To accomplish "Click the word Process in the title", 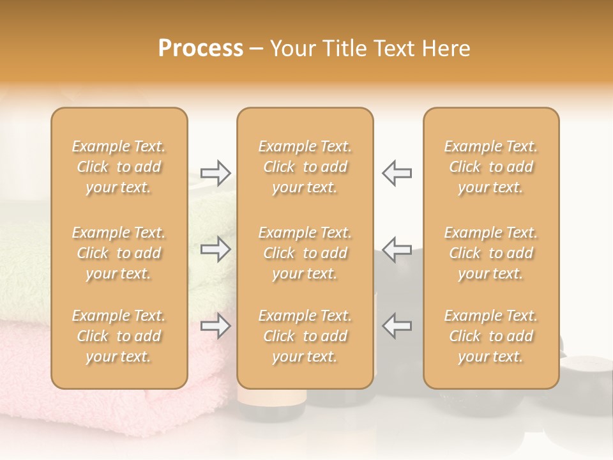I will click(x=201, y=49).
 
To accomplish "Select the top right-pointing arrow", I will click(x=215, y=172).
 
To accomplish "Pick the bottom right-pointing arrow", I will click(x=215, y=326).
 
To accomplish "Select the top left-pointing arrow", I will click(x=397, y=172).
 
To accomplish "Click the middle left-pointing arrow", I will click(x=397, y=249).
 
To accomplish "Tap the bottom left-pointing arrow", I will click(x=397, y=326).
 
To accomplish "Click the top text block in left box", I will click(x=119, y=167).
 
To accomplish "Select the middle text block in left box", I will click(x=119, y=253).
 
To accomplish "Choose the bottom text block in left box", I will click(x=119, y=336).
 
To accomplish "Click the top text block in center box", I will click(x=305, y=167).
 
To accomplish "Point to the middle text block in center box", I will click(x=305, y=253).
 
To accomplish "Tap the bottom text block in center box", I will click(x=305, y=336).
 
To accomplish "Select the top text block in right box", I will click(x=491, y=167).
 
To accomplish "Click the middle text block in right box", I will click(x=491, y=253).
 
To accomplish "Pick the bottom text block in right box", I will click(x=491, y=336).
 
